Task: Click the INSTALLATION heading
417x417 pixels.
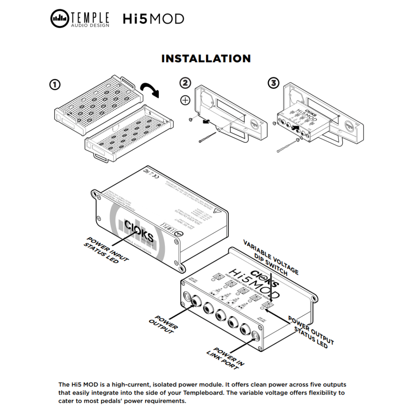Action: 206,58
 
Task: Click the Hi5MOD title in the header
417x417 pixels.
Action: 153,19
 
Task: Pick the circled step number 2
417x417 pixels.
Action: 185,83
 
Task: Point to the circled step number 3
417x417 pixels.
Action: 273,83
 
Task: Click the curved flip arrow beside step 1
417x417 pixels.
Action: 150,90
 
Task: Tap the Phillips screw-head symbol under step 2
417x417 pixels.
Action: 185,100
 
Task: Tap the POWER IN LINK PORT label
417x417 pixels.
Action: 226,359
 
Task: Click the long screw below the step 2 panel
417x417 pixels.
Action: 209,138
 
